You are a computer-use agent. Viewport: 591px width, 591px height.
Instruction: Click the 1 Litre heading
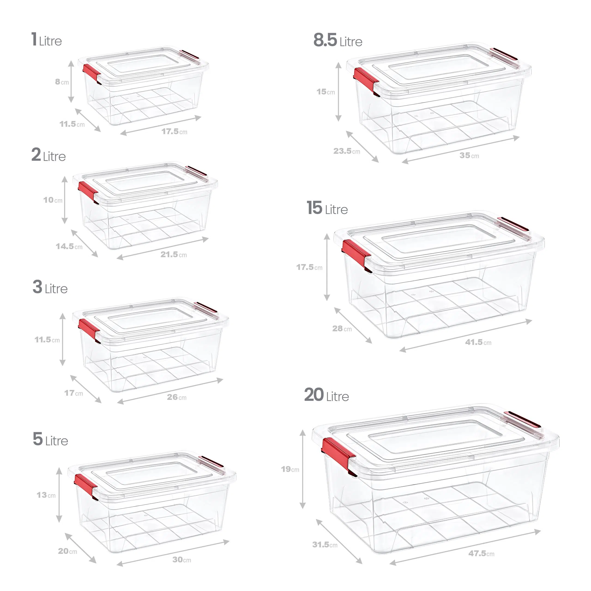[x=46, y=40]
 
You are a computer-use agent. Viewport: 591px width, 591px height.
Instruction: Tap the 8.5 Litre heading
[x=338, y=41]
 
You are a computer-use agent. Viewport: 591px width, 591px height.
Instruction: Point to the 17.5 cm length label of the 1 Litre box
[x=174, y=132]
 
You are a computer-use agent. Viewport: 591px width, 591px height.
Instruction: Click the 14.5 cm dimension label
[x=69, y=246]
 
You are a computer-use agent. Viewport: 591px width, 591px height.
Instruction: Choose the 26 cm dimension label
[x=177, y=397]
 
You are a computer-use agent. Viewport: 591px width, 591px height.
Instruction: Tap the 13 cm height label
[x=46, y=495]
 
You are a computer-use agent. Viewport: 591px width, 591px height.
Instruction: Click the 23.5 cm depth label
[x=347, y=151]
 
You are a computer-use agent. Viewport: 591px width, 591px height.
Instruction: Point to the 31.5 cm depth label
[x=325, y=545]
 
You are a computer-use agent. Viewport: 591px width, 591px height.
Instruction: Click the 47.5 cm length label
[x=481, y=553]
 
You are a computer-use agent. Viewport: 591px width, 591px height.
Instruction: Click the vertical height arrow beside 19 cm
[x=302, y=469]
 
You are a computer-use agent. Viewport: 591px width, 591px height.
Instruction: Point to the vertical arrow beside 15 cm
[x=338, y=92]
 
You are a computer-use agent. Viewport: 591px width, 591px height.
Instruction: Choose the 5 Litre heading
[x=51, y=440]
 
